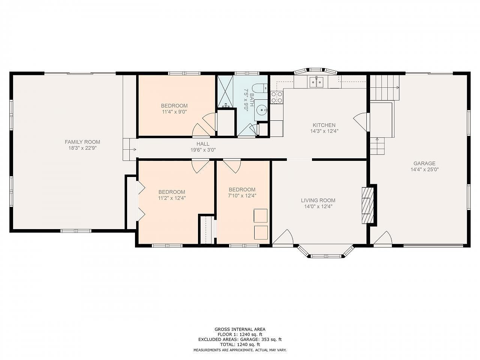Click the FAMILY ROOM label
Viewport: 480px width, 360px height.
pos(82,142)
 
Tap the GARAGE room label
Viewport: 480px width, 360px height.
pos(424,163)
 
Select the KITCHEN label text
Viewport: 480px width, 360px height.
pos(324,125)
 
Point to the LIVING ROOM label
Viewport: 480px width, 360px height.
pos(318,200)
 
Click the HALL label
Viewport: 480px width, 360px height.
pos(203,144)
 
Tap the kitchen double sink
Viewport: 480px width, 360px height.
pos(316,82)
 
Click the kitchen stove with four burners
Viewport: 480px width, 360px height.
pos(277,97)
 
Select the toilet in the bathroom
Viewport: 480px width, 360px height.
pos(260,88)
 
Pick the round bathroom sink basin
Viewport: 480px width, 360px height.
pos(262,110)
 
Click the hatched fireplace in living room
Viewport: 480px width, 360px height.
pos(367,205)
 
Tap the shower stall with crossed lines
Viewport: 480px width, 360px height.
pos(225,91)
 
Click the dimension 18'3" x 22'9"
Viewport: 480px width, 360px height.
pos(82,148)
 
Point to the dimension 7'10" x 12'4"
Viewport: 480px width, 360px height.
pos(242,196)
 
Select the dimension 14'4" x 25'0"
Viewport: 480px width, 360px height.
pos(424,169)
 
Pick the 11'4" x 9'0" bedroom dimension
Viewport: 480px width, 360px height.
pos(174,112)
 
